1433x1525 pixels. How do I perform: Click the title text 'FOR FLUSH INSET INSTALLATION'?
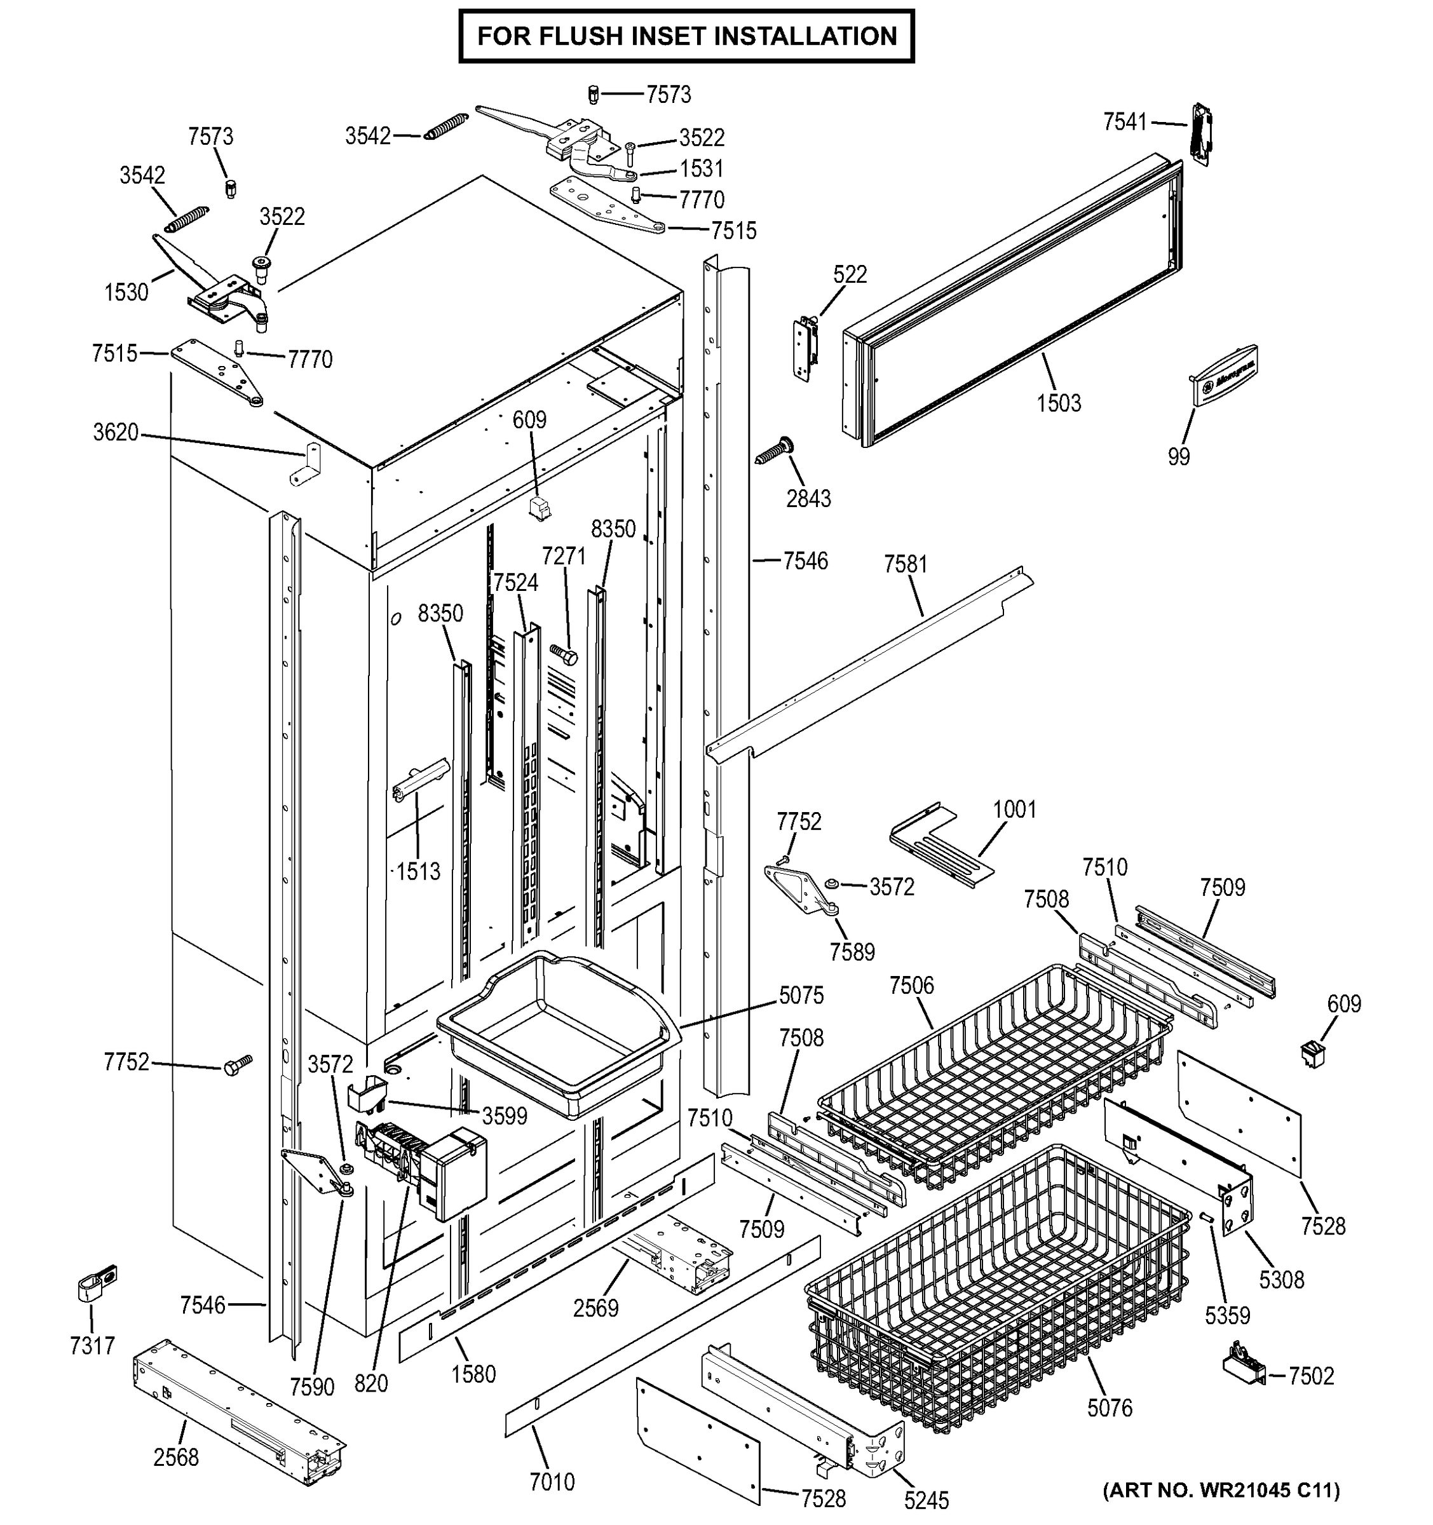pyautogui.click(x=686, y=36)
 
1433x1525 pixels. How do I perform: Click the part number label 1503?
pyautogui.click(x=1058, y=403)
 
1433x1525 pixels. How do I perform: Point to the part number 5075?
pyautogui.click(x=801, y=996)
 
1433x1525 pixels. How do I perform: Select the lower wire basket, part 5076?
pyautogui.click(x=997, y=1289)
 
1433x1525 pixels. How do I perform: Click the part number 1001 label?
pyautogui.click(x=1014, y=810)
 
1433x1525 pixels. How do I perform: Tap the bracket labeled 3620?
pyautogui.click(x=308, y=463)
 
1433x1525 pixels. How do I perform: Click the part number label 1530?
pyautogui.click(x=126, y=292)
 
